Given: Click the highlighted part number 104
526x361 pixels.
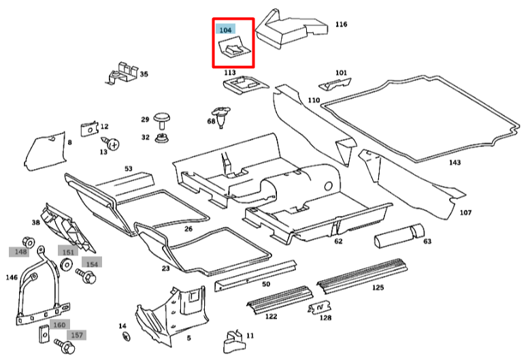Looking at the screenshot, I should (x=225, y=30).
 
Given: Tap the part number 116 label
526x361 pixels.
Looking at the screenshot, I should (x=341, y=25).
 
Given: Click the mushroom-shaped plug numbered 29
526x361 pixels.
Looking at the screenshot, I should (x=161, y=120).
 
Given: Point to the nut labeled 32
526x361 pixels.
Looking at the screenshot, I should (x=161, y=139).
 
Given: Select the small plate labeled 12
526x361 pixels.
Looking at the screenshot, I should (x=87, y=129).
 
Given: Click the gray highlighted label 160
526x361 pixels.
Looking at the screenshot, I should (x=59, y=325).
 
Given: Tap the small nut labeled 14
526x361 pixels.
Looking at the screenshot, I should (x=126, y=336).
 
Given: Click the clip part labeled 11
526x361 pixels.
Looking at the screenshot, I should (x=232, y=338).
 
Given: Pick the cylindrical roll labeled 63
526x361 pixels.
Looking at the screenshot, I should (x=397, y=236).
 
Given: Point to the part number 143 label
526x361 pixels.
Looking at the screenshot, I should (x=455, y=162).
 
